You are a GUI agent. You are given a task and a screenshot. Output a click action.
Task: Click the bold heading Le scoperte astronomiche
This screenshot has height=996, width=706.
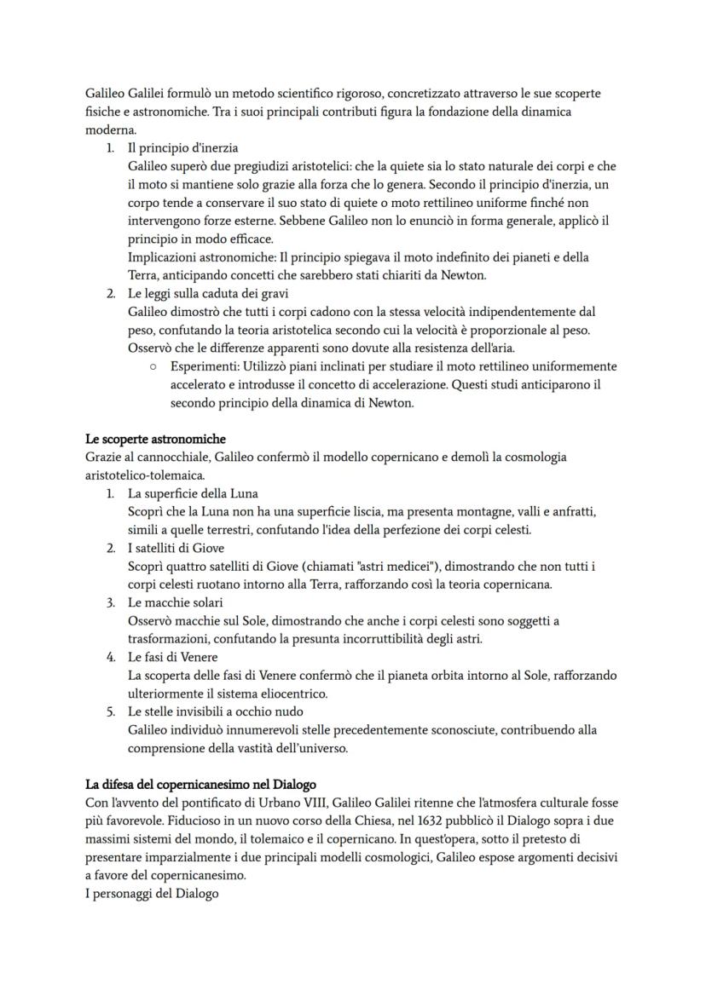pyautogui.click(x=155, y=439)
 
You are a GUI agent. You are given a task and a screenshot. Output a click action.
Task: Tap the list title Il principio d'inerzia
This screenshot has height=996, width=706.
pyautogui.click(x=182, y=147)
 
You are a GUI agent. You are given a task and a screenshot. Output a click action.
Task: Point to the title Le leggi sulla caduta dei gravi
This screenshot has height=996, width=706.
pyautogui.click(x=208, y=294)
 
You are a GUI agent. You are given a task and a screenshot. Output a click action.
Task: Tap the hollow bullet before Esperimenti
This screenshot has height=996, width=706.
pyautogui.click(x=151, y=367)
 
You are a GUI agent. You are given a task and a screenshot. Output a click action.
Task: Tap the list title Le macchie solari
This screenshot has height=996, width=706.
pyautogui.click(x=175, y=603)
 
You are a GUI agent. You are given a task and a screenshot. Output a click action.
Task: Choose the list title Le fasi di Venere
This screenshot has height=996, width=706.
pyautogui.click(x=172, y=658)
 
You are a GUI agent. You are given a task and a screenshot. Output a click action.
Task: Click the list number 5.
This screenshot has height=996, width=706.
pyautogui.click(x=111, y=711)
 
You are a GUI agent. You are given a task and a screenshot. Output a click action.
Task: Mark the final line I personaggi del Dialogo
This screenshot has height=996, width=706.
pyautogui.click(x=152, y=894)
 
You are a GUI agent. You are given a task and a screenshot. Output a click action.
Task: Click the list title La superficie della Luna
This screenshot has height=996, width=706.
pyautogui.click(x=193, y=494)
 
